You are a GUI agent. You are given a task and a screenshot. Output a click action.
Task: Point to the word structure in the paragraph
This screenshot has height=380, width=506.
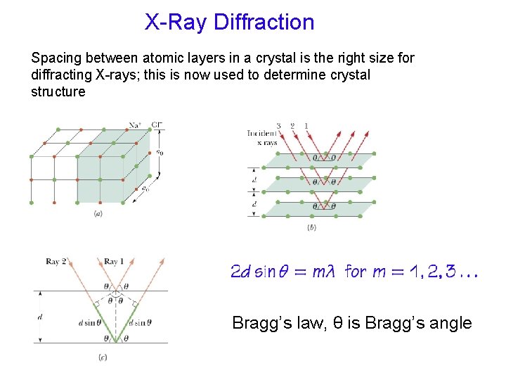(x=58, y=91)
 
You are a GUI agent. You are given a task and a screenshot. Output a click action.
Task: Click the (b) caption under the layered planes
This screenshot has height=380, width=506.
(x=311, y=227)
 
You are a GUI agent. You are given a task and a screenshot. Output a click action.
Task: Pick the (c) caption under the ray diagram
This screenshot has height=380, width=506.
(x=103, y=357)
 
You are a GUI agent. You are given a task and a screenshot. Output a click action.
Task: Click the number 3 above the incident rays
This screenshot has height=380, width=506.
(x=279, y=127)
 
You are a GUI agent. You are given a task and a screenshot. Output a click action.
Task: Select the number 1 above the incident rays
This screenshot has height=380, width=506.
(x=306, y=127)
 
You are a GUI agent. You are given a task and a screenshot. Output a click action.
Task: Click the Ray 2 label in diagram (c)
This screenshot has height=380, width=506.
(x=56, y=262)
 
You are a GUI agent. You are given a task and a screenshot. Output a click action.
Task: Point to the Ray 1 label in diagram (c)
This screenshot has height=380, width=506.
(x=115, y=262)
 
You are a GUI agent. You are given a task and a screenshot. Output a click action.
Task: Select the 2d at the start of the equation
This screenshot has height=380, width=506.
(x=240, y=272)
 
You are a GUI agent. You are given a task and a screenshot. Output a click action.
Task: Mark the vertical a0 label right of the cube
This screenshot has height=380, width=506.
(x=160, y=151)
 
